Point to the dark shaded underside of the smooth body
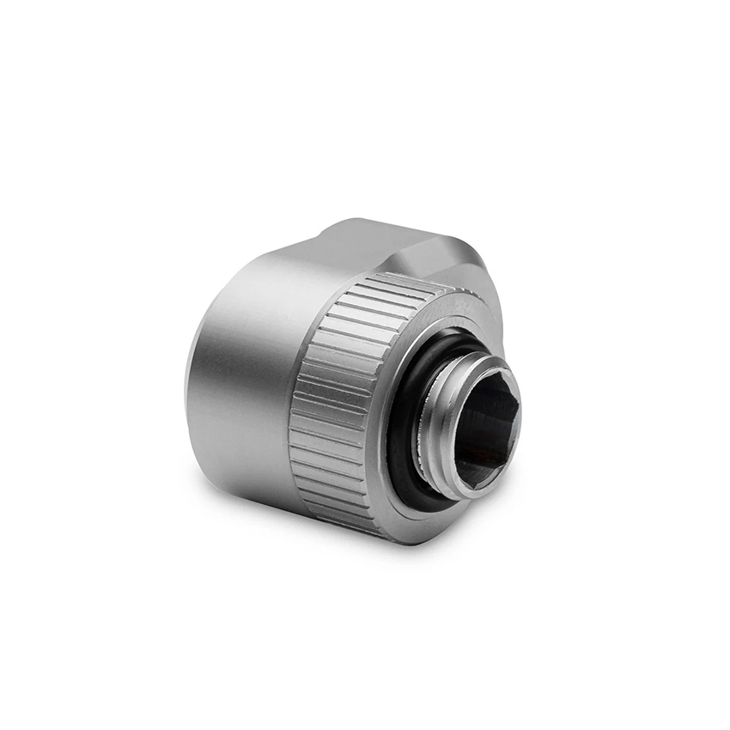tap(249, 481)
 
